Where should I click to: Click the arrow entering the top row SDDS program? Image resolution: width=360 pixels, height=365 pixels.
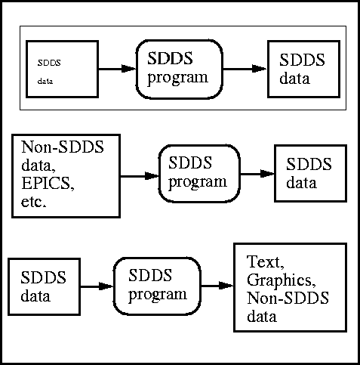117,69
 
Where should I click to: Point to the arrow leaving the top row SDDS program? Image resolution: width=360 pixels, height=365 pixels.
245,69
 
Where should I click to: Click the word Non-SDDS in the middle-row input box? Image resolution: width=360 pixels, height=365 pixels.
63,147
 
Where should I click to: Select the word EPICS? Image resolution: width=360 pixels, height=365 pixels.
48,183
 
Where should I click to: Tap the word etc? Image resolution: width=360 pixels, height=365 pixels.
34,202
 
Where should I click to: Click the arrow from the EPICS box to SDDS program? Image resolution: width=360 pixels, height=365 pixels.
140,176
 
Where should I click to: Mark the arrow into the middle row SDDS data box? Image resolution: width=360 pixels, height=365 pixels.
257,174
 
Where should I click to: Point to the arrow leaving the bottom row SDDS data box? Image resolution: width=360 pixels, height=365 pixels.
97,286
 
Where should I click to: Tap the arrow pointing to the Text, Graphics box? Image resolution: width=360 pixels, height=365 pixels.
217,286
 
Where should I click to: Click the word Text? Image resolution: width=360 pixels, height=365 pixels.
266,262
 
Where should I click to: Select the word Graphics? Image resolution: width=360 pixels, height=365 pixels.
282,280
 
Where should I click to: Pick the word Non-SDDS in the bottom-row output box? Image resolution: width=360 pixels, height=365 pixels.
288,298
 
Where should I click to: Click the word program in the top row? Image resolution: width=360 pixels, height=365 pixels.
177,77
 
